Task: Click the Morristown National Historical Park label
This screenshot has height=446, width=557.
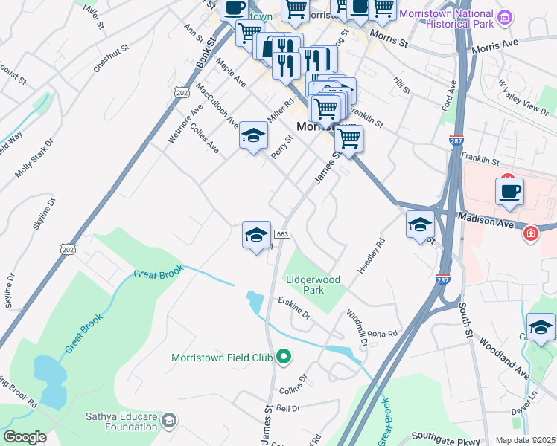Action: (447, 19)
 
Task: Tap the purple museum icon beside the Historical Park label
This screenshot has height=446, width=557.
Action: (506, 16)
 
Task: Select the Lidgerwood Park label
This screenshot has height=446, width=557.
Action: (314, 285)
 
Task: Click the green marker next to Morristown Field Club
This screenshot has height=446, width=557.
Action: (283, 358)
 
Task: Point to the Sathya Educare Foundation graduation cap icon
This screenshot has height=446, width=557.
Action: (169, 421)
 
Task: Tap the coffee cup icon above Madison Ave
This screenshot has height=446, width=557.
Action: (509, 191)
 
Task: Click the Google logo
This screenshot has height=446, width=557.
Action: (25, 437)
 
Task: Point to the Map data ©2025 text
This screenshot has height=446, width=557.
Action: (526, 440)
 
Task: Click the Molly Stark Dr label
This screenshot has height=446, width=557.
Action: (34, 158)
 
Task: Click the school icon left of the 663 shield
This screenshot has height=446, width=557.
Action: (255, 236)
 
